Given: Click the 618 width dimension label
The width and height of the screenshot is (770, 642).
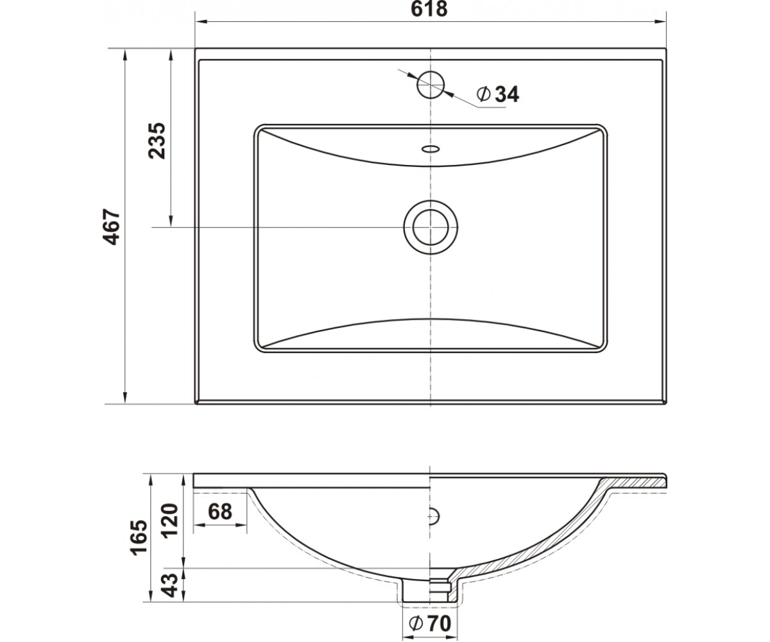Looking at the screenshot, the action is pos(429,9).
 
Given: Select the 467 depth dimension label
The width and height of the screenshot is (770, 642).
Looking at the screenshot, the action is pos(112,227).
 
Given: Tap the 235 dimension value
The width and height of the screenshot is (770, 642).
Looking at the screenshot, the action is pos(157,141).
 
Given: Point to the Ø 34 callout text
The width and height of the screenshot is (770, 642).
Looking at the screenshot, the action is pos(498,95).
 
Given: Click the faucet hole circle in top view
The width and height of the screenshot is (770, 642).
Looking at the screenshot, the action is pos(431,85).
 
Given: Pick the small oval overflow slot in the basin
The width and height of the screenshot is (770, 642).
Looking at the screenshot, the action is pos(431,149).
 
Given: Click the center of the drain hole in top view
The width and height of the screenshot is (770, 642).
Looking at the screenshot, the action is pos(431,227).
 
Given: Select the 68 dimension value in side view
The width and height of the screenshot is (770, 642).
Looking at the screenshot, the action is pos(220,512).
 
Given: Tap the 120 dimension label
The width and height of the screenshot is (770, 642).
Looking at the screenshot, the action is pos(170,521).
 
